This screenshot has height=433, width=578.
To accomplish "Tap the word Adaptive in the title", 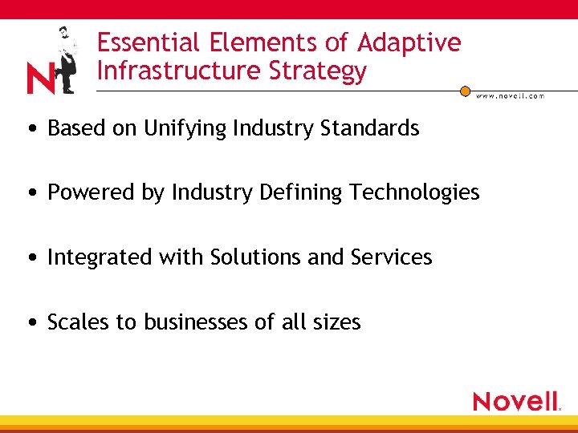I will tap(409, 42).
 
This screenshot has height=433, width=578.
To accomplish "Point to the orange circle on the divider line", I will tap(465, 91).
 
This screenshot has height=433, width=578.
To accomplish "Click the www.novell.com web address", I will tap(510, 96).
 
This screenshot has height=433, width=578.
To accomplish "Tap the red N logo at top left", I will tap(40, 79).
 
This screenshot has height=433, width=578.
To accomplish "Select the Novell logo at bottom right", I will tap(516, 401).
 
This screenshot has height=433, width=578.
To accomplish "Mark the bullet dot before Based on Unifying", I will tap(30, 129).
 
